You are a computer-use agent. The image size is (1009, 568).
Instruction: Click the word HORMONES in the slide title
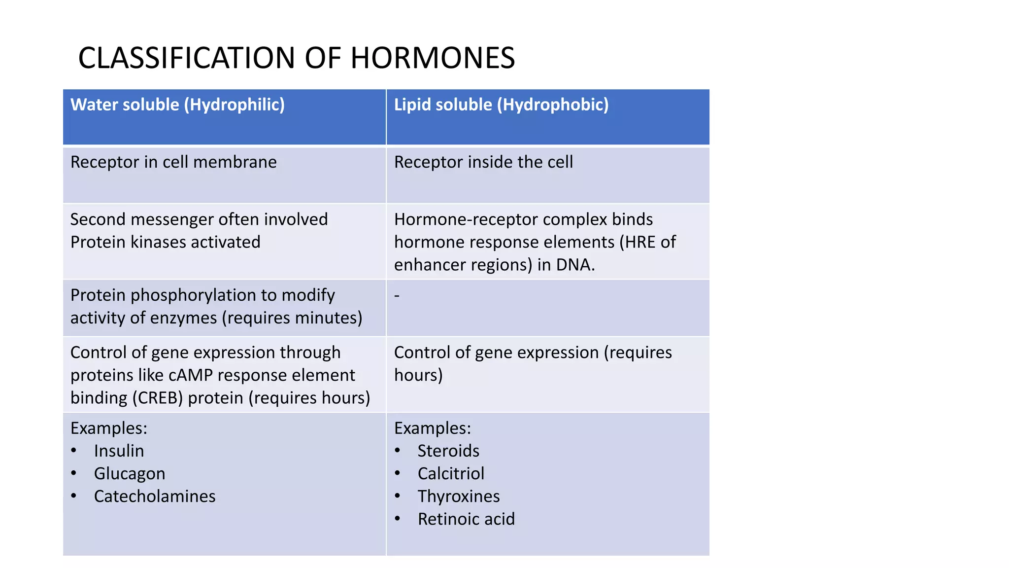(432, 58)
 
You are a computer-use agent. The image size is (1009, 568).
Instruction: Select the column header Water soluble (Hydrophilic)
(177, 105)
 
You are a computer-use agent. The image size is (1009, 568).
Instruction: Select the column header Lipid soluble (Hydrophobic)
(501, 105)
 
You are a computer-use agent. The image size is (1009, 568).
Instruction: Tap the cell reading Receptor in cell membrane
(173, 162)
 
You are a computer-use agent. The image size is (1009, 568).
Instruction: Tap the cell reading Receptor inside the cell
(483, 162)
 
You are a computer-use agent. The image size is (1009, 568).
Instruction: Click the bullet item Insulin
(119, 451)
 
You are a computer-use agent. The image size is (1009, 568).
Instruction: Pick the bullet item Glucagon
(130, 473)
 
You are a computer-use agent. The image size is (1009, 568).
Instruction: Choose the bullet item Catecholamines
(155, 496)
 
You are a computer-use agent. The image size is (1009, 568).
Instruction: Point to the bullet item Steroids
(448, 451)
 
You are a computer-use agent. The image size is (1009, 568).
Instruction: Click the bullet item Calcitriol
(451, 473)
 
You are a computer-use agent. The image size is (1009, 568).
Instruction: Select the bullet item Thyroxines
(459, 496)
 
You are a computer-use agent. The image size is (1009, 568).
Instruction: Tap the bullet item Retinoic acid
(466, 519)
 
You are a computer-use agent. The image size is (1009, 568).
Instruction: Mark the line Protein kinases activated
(165, 242)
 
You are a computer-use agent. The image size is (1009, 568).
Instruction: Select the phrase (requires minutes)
(292, 318)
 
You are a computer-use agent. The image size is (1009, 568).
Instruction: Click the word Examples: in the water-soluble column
(109, 428)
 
